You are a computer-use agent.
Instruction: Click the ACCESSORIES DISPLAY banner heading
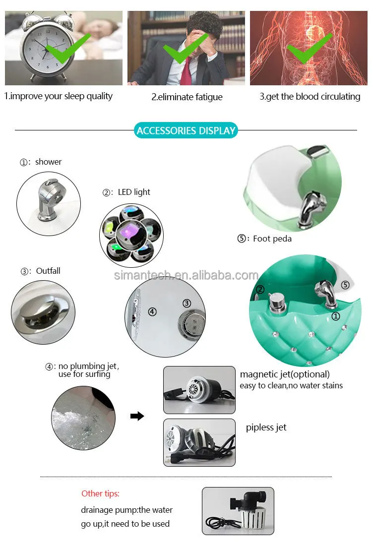[186, 130]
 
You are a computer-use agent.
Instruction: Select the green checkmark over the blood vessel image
[310, 48]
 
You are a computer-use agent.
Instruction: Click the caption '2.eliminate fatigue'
[187, 97]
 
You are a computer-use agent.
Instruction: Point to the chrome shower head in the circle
[49, 199]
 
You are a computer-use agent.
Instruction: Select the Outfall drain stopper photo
[43, 312]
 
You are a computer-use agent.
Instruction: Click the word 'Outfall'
[48, 271]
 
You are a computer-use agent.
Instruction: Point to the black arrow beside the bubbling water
[137, 416]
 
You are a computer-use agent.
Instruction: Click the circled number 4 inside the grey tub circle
[152, 311]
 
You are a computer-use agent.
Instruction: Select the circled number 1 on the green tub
[336, 316]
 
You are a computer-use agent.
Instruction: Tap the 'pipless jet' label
[266, 427]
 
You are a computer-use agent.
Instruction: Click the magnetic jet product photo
[199, 390]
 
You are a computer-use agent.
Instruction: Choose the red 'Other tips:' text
[101, 493]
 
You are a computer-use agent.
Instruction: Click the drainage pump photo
[238, 511]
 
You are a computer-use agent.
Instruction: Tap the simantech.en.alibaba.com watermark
[186, 275]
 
